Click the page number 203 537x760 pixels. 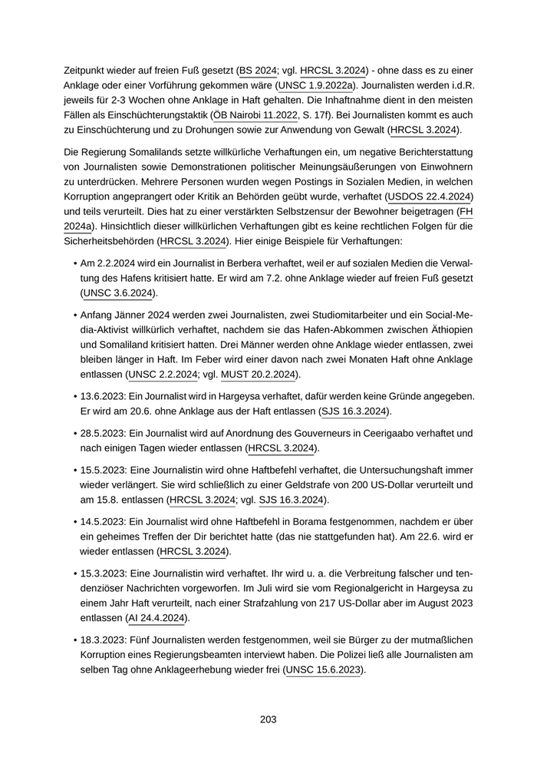click(268, 719)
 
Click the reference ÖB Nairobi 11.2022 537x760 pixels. click(253, 114)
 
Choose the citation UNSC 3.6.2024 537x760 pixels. click(119, 293)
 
